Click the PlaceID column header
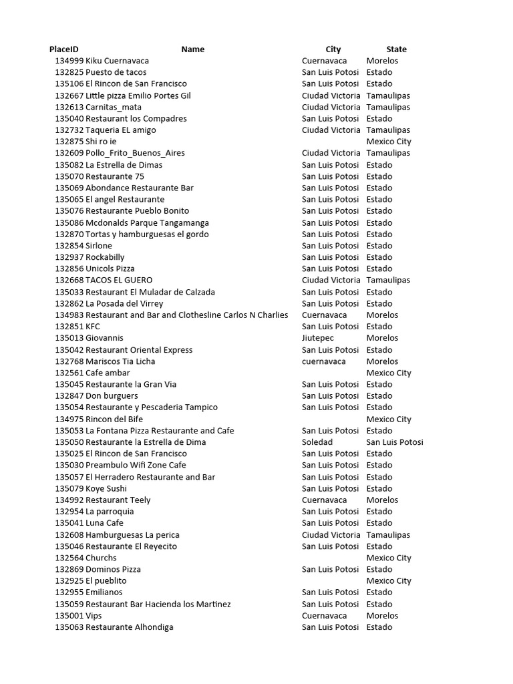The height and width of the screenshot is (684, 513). tap(63, 49)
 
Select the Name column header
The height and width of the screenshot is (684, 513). tap(192, 49)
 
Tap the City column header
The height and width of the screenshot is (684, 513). tap(333, 49)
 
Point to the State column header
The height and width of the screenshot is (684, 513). tap(396, 49)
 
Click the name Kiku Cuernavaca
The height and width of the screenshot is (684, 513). tap(117, 61)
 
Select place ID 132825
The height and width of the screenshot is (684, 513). tap(69, 72)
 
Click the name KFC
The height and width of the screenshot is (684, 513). tap(94, 327)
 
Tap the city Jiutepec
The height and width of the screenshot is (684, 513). tap(318, 338)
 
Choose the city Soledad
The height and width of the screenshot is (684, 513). tap(317, 442)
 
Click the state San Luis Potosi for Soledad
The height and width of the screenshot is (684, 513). tap(394, 442)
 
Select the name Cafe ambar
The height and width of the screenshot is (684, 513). tap(108, 373)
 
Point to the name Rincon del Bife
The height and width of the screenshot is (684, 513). tap(114, 419)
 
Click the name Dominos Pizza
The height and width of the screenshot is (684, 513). tap(113, 569)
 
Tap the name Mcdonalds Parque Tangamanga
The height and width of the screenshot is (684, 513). tap(147, 222)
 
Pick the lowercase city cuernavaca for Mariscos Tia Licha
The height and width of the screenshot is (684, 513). tap(323, 361)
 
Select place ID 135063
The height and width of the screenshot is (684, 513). tap(69, 627)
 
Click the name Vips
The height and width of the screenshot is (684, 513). tap(94, 616)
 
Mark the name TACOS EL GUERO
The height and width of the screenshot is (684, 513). tap(119, 281)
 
